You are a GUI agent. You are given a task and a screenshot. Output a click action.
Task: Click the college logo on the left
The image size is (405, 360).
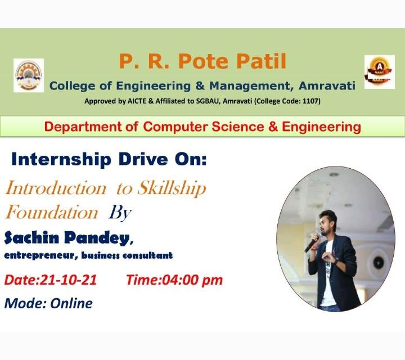[28, 75]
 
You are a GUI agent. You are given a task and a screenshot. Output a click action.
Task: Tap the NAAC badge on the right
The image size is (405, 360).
[380, 72]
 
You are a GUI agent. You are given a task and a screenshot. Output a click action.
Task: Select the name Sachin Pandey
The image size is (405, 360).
[66, 238]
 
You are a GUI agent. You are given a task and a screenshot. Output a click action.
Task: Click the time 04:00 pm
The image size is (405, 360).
[192, 280]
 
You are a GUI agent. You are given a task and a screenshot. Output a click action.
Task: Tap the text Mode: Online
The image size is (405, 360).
[48, 303]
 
